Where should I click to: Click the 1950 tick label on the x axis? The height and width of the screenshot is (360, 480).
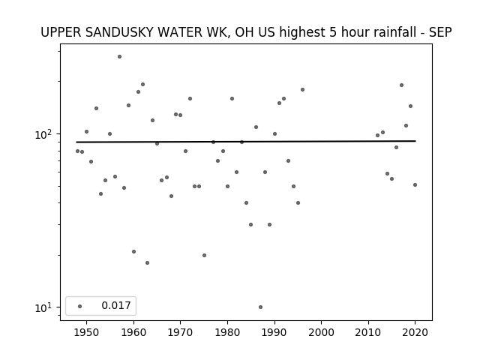click(x=87, y=333)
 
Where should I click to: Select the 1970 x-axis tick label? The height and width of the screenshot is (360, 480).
click(x=180, y=333)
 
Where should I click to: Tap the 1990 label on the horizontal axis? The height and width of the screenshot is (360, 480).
click(x=274, y=333)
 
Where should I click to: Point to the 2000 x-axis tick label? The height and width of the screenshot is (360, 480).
click(x=322, y=333)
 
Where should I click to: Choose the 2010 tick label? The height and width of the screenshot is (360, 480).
click(x=368, y=333)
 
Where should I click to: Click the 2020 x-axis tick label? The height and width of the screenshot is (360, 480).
click(x=415, y=333)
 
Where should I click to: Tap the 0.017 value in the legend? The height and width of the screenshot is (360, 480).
click(x=116, y=305)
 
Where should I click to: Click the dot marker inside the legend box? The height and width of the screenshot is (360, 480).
click(x=80, y=306)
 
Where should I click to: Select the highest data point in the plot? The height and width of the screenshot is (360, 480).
click(x=120, y=57)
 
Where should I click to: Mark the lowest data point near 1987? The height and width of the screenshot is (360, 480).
click(x=260, y=307)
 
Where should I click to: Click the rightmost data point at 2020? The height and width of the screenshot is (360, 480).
click(x=415, y=185)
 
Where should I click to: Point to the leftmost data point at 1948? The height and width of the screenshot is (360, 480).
click(x=77, y=151)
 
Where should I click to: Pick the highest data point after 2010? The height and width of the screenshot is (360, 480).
click(x=402, y=85)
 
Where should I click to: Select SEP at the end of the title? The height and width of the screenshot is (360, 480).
click(x=440, y=32)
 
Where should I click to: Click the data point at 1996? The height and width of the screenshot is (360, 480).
click(x=303, y=90)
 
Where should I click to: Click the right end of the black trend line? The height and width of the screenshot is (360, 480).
click(x=415, y=141)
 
